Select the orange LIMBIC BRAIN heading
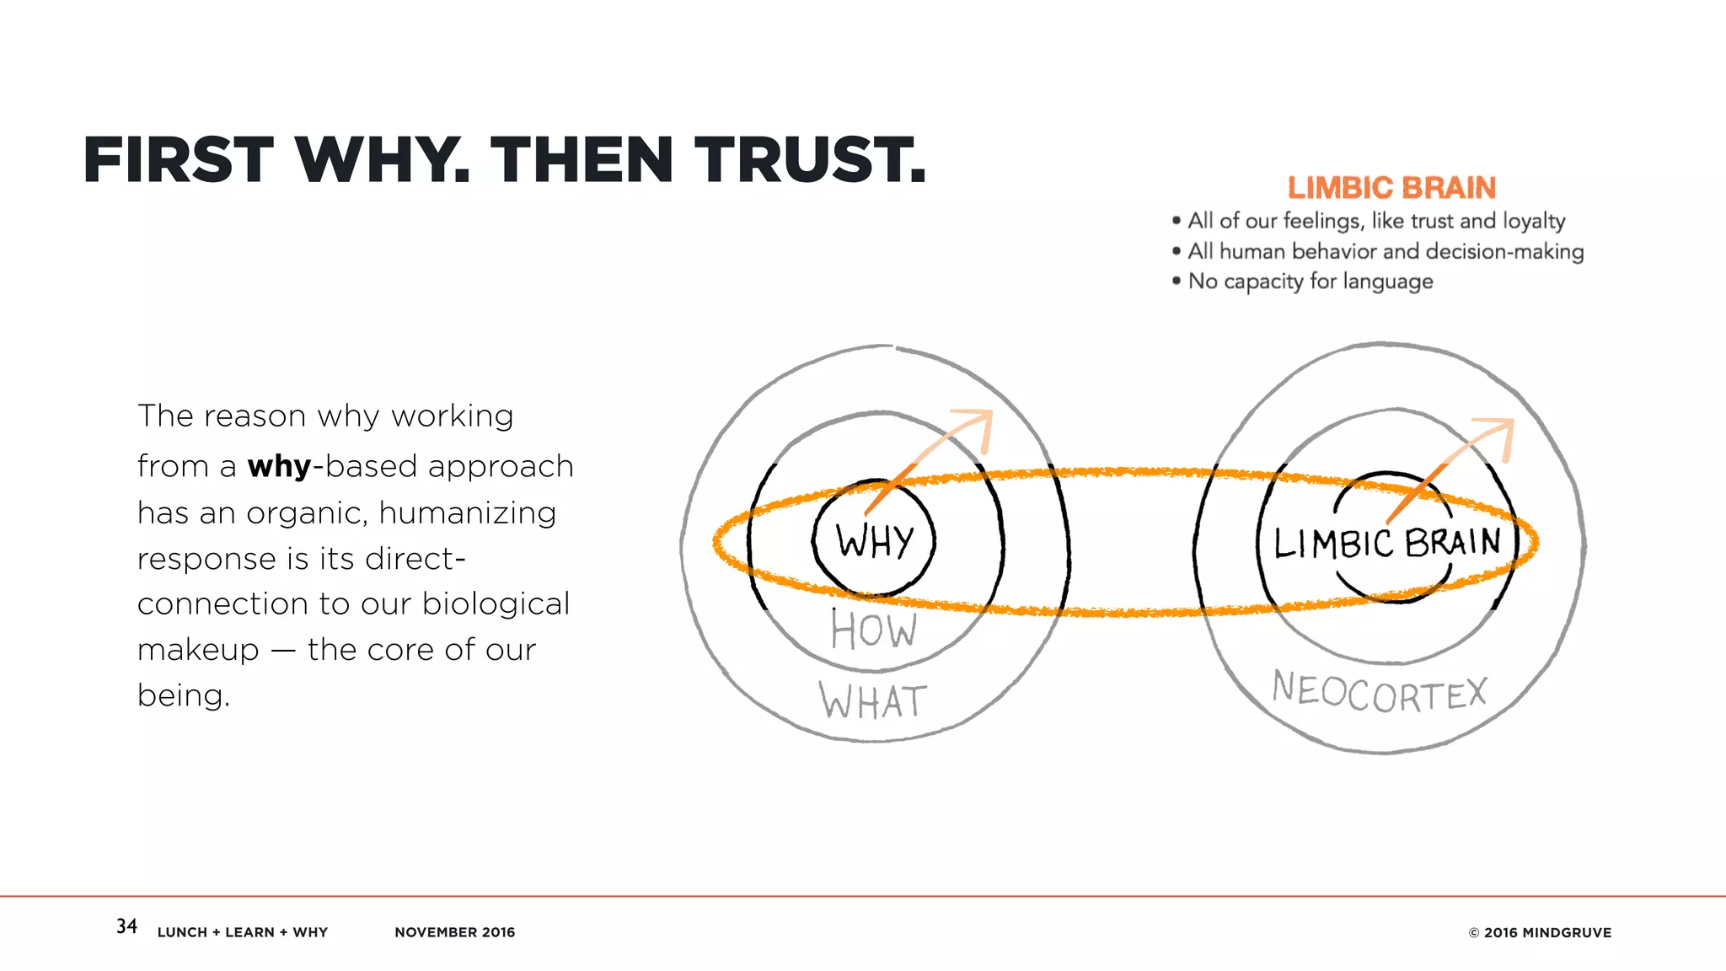coord(1391,188)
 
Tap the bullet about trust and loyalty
coord(1375,221)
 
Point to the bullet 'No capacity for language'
coord(1310,282)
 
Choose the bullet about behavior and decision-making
coord(1385,251)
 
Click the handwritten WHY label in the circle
coord(875,540)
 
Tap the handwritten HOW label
coord(873,630)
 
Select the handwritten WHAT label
coord(873,701)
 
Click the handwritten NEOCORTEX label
coord(1380,693)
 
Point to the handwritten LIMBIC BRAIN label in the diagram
coord(1387,542)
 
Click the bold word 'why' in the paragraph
coord(279,466)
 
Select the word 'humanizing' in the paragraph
coord(467,512)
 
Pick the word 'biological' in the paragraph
coord(496,604)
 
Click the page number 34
coord(126,926)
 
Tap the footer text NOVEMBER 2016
coord(454,932)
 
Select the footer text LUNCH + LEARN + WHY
coord(243,932)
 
